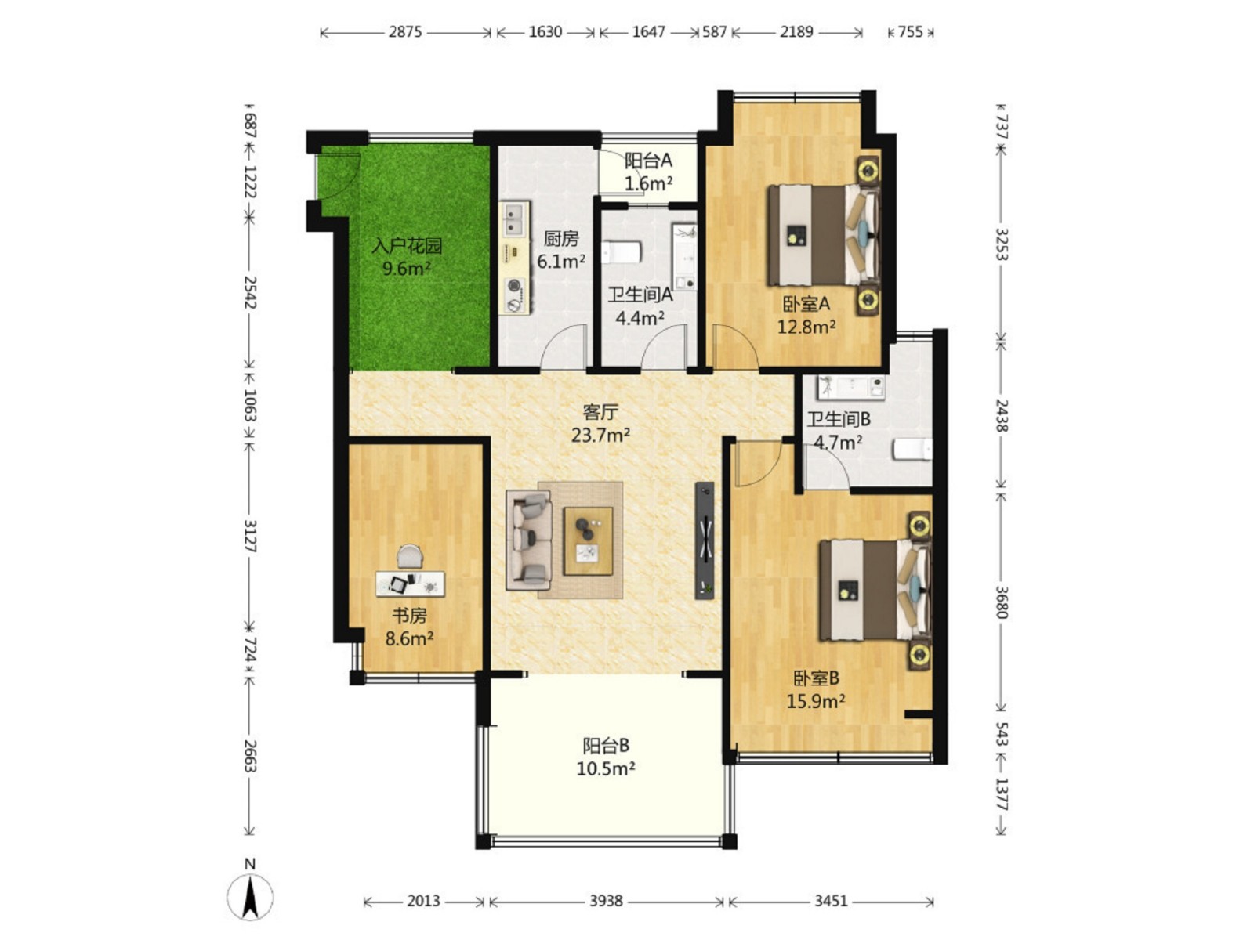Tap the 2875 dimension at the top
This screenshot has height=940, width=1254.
405,32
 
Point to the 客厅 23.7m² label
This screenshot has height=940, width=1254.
600,424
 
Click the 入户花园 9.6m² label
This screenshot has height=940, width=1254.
406,257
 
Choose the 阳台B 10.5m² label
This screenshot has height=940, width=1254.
606,757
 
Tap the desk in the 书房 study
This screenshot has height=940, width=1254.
410,584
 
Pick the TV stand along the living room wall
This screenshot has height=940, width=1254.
704,540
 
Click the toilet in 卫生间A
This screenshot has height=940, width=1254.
621,252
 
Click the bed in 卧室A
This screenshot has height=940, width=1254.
823,234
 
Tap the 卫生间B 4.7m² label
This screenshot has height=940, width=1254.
838,431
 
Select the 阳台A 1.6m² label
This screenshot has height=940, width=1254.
648,172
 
